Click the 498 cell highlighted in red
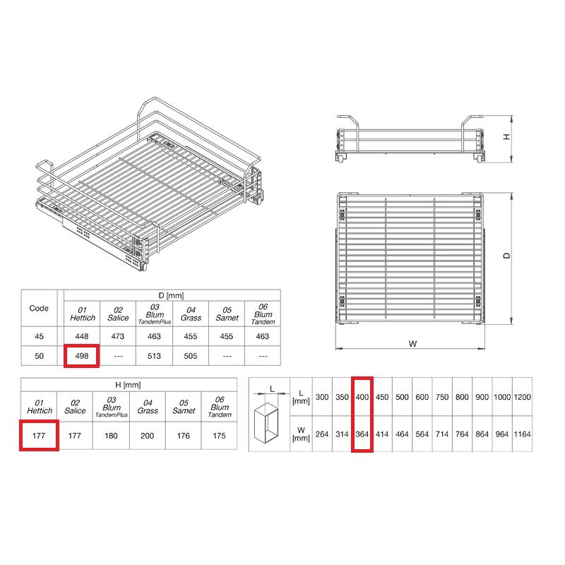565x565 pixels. [82, 356]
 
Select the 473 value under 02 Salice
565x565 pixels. [118, 336]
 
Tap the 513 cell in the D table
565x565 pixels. [154, 356]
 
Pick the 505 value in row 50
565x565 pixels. [190, 356]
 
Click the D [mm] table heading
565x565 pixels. [171, 295]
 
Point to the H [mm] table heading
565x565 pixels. [128, 385]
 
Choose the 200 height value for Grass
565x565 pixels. [147, 436]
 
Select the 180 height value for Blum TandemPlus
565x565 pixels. [111, 436]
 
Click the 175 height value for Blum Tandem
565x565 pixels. [219, 436]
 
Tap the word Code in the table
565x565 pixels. [39, 309]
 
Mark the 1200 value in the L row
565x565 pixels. [522, 397]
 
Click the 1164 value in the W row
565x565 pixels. [522, 434]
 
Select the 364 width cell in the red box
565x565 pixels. [362, 434]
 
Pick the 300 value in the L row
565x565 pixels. [322, 397]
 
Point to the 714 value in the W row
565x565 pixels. [442, 434]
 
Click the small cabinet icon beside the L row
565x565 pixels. [267, 422]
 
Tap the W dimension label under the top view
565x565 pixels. [413, 343]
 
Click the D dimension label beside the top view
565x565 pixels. [506, 256]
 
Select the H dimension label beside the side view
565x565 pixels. [506, 137]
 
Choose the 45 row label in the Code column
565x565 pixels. [39, 336]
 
